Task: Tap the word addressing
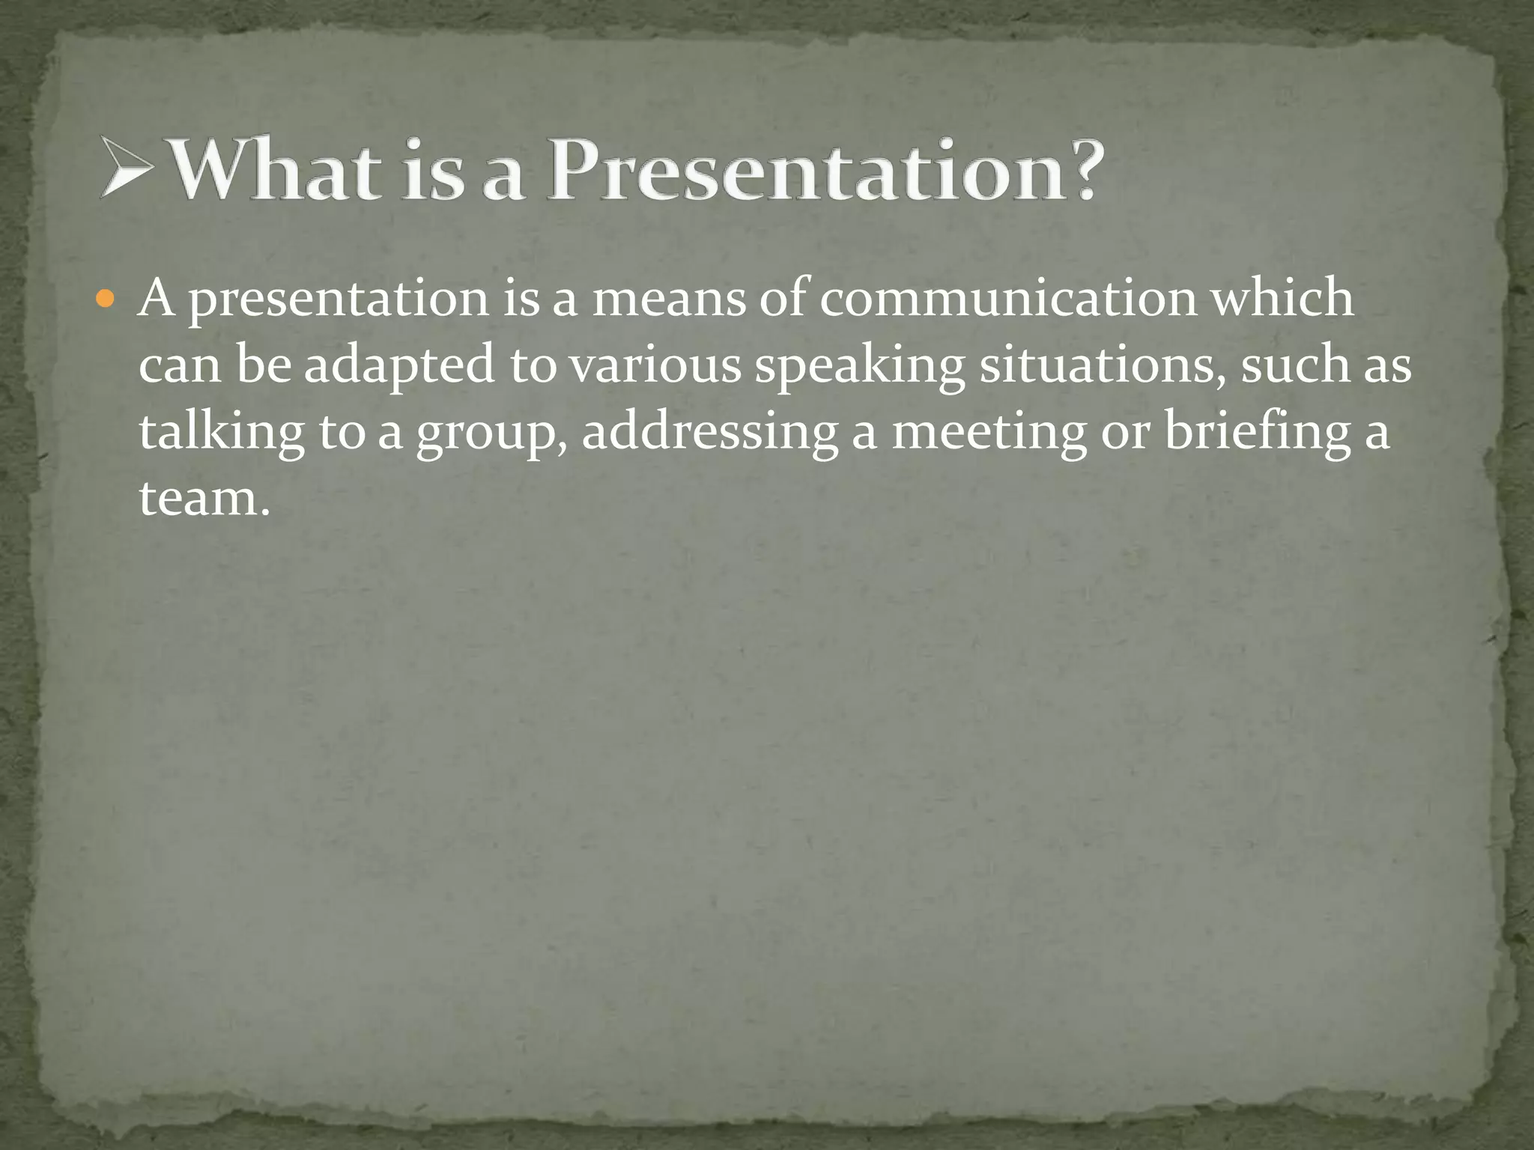709,433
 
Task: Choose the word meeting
989,433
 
